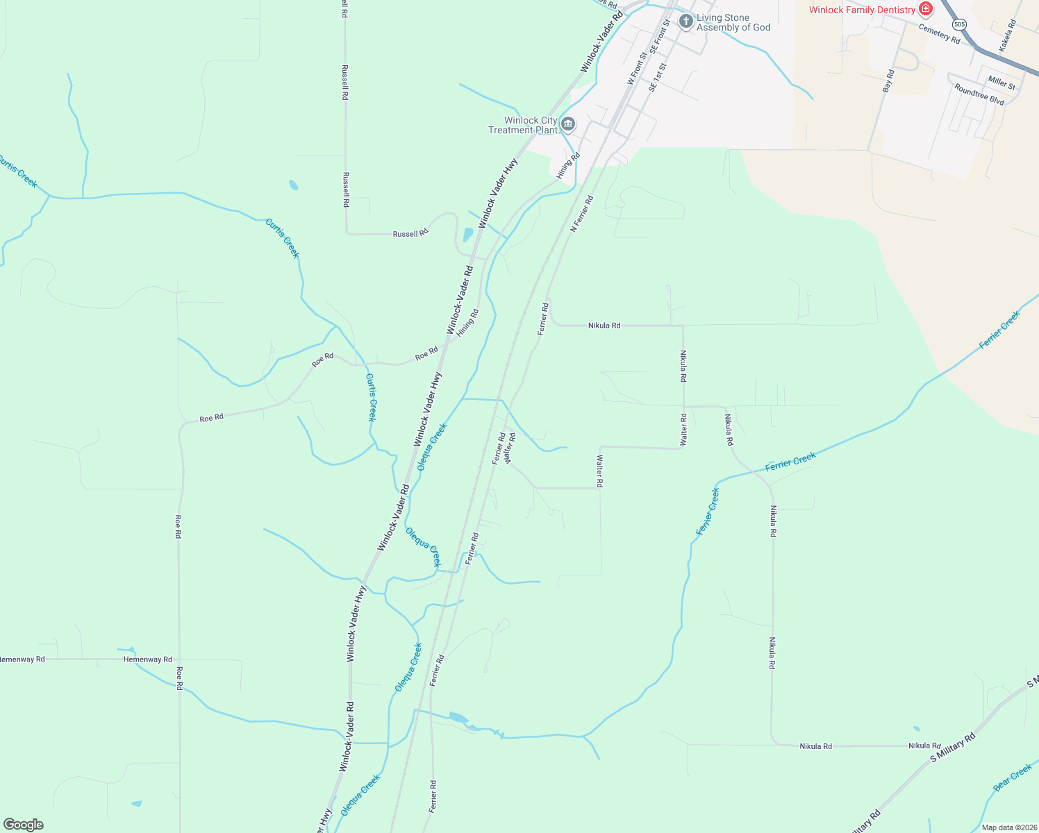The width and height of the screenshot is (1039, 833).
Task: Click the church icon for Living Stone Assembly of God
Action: coord(685,22)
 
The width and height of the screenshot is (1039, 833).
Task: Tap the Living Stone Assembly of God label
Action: coord(733,23)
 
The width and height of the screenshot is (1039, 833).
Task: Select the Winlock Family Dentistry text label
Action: coord(862,10)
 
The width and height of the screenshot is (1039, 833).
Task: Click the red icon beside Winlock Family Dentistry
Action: coord(925,9)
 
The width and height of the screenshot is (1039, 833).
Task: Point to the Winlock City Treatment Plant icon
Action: coord(568,124)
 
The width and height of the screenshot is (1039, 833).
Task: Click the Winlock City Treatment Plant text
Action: coord(523,125)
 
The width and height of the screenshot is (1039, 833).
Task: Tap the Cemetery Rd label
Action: coord(939,33)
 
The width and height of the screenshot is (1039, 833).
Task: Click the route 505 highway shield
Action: coord(959,24)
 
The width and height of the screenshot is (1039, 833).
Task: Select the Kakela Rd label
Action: coord(1007,35)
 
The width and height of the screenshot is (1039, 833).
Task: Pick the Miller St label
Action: coord(1001,83)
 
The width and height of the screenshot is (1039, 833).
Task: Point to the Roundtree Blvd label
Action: coord(979,94)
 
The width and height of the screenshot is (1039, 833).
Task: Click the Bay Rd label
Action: coord(888,81)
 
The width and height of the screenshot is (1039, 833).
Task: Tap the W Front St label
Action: coord(636,67)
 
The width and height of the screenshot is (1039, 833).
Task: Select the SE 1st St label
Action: coord(657,78)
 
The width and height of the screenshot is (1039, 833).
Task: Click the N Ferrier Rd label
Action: coord(582,214)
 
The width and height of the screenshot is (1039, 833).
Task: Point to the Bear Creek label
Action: coord(1012,777)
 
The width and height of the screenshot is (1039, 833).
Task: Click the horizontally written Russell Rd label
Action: coord(410,234)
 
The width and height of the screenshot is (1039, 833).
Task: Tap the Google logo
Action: coord(24,825)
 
